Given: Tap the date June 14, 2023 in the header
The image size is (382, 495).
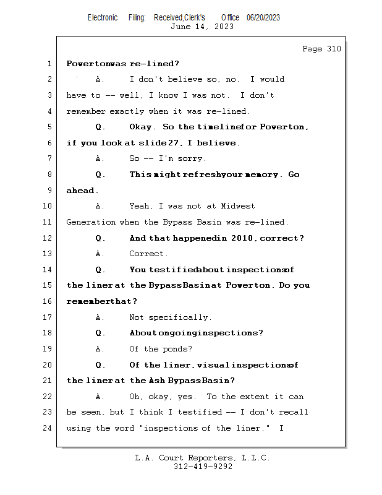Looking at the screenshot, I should tap(202, 27).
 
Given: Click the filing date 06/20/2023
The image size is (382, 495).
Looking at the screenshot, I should tap(263, 17).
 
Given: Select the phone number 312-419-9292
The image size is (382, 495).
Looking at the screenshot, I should tap(202, 467).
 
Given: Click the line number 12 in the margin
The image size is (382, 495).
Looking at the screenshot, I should tap(48, 238).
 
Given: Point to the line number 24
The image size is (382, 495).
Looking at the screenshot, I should tap(48, 428).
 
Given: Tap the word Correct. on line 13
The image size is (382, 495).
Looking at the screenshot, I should tap(148, 254).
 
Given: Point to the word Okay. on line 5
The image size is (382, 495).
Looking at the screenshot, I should tap(143, 127).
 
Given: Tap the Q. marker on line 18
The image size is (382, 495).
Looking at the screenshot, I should tap(101, 333).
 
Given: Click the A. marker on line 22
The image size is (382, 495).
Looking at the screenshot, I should tap(101, 397).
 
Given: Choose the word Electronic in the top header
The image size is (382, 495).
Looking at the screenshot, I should tap(103, 17).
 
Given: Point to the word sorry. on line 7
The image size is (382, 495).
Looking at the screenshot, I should tap(192, 158).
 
